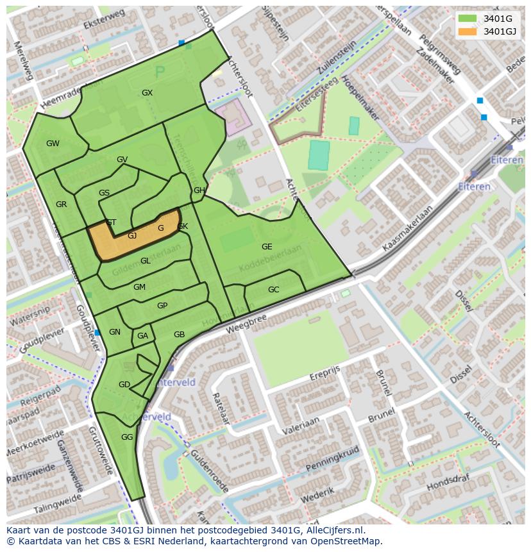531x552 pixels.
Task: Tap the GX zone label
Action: click(x=147, y=93)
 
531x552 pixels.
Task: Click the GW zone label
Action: click(x=53, y=144)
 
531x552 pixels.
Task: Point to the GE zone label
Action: click(x=267, y=247)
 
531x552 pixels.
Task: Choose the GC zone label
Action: click(x=274, y=290)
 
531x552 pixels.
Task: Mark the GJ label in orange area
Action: click(x=132, y=236)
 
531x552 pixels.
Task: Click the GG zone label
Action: click(x=127, y=437)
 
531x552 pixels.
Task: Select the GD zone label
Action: click(x=124, y=385)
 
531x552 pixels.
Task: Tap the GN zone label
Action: click(x=115, y=332)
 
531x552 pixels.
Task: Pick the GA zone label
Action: click(x=142, y=336)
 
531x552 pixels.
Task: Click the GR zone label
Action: click(x=61, y=205)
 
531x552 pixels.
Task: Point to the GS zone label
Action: click(x=104, y=193)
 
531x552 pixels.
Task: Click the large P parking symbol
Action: click(x=160, y=72)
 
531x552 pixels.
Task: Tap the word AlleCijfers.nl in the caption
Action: click(x=333, y=530)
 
